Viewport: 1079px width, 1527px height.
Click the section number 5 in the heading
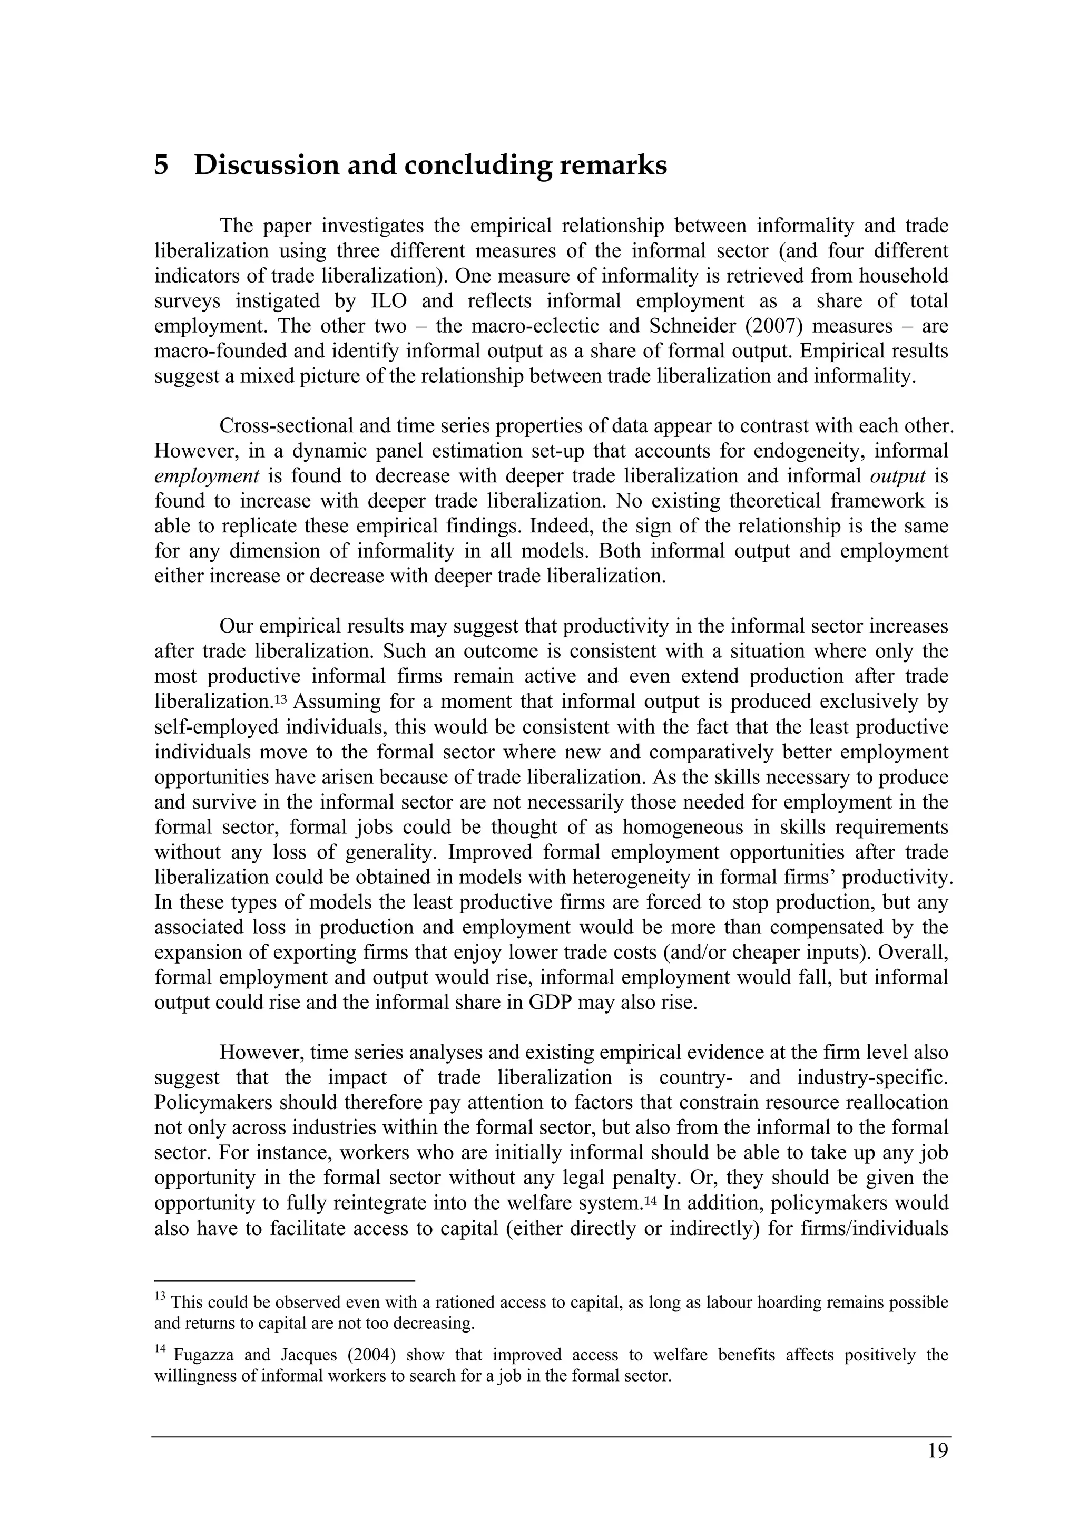coord(161,165)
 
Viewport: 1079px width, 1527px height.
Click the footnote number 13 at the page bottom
coord(160,1296)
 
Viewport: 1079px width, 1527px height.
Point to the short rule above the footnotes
coord(285,1280)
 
